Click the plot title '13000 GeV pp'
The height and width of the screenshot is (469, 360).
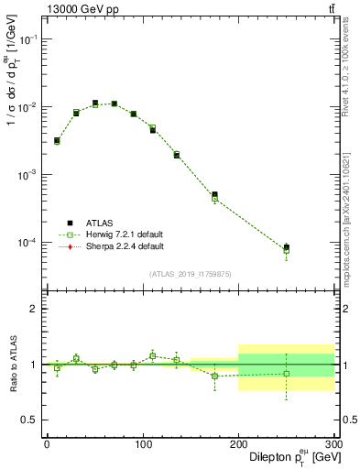(x=82, y=10)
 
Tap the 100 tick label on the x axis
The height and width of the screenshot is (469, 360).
(x=142, y=443)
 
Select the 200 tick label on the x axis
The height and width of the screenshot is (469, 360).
(x=238, y=443)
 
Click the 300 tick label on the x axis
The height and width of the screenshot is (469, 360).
(x=333, y=443)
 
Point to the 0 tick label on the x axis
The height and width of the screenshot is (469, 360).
(x=47, y=443)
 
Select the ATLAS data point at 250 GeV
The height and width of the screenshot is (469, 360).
(x=286, y=247)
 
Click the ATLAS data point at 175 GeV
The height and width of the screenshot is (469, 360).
(x=214, y=195)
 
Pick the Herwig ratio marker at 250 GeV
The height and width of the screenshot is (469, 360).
(x=286, y=374)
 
